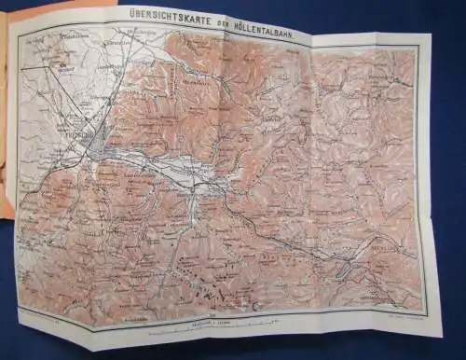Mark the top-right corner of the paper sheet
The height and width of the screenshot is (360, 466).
(431, 35)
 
